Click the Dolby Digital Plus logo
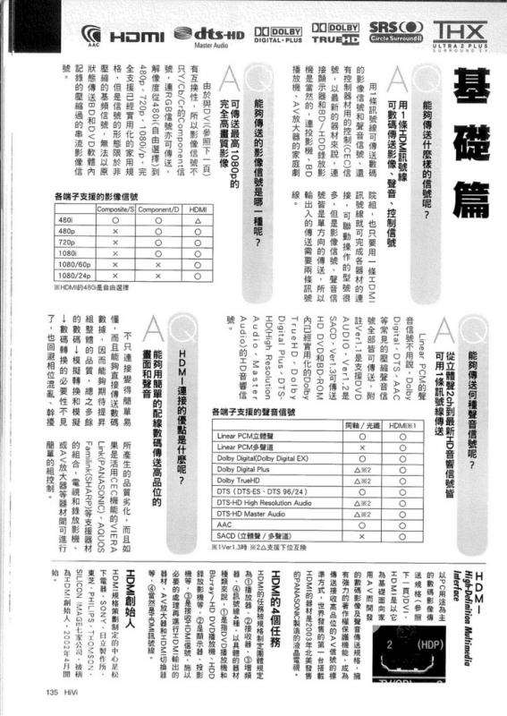278,34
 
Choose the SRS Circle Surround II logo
395,34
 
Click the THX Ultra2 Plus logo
459,33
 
